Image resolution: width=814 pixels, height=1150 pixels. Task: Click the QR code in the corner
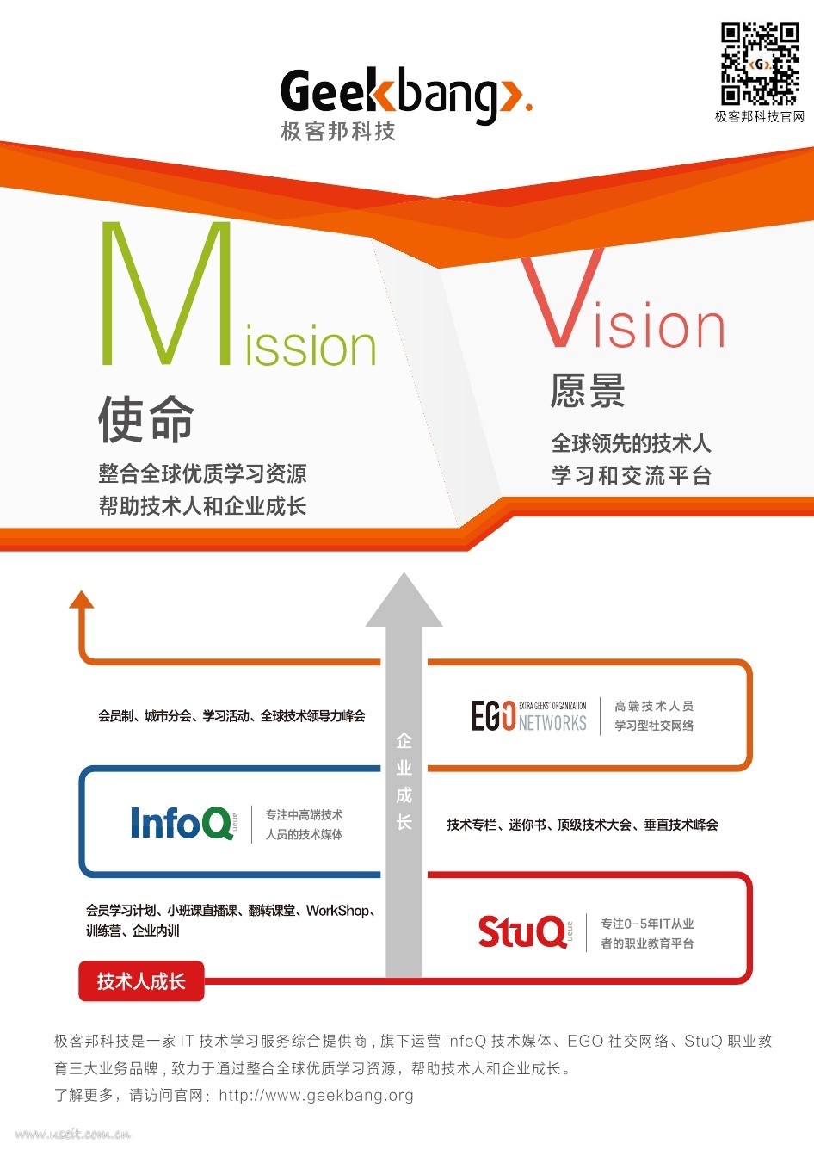click(759, 64)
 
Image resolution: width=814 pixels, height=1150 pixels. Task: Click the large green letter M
click(167, 294)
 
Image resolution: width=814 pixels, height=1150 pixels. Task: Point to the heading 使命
click(146, 419)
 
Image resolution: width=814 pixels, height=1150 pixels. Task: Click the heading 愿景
click(588, 391)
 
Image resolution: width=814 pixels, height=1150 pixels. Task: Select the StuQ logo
click(522, 931)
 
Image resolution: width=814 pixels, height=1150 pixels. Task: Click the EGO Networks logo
click(528, 715)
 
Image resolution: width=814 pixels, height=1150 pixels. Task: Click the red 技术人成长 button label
click(141, 981)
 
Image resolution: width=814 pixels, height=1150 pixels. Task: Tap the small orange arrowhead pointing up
click(82, 599)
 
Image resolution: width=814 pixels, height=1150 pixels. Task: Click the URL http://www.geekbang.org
click(316, 1096)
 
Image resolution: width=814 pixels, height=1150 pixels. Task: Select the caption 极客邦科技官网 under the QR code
click(759, 117)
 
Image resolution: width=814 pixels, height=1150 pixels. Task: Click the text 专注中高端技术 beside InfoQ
click(305, 814)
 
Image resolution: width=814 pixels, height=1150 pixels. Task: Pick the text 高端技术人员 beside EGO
click(654, 706)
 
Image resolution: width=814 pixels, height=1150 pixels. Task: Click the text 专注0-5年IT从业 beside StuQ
click(647, 924)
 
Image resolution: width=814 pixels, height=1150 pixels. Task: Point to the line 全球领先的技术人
click(631, 443)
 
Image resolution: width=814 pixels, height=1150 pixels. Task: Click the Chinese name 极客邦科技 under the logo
click(338, 132)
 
